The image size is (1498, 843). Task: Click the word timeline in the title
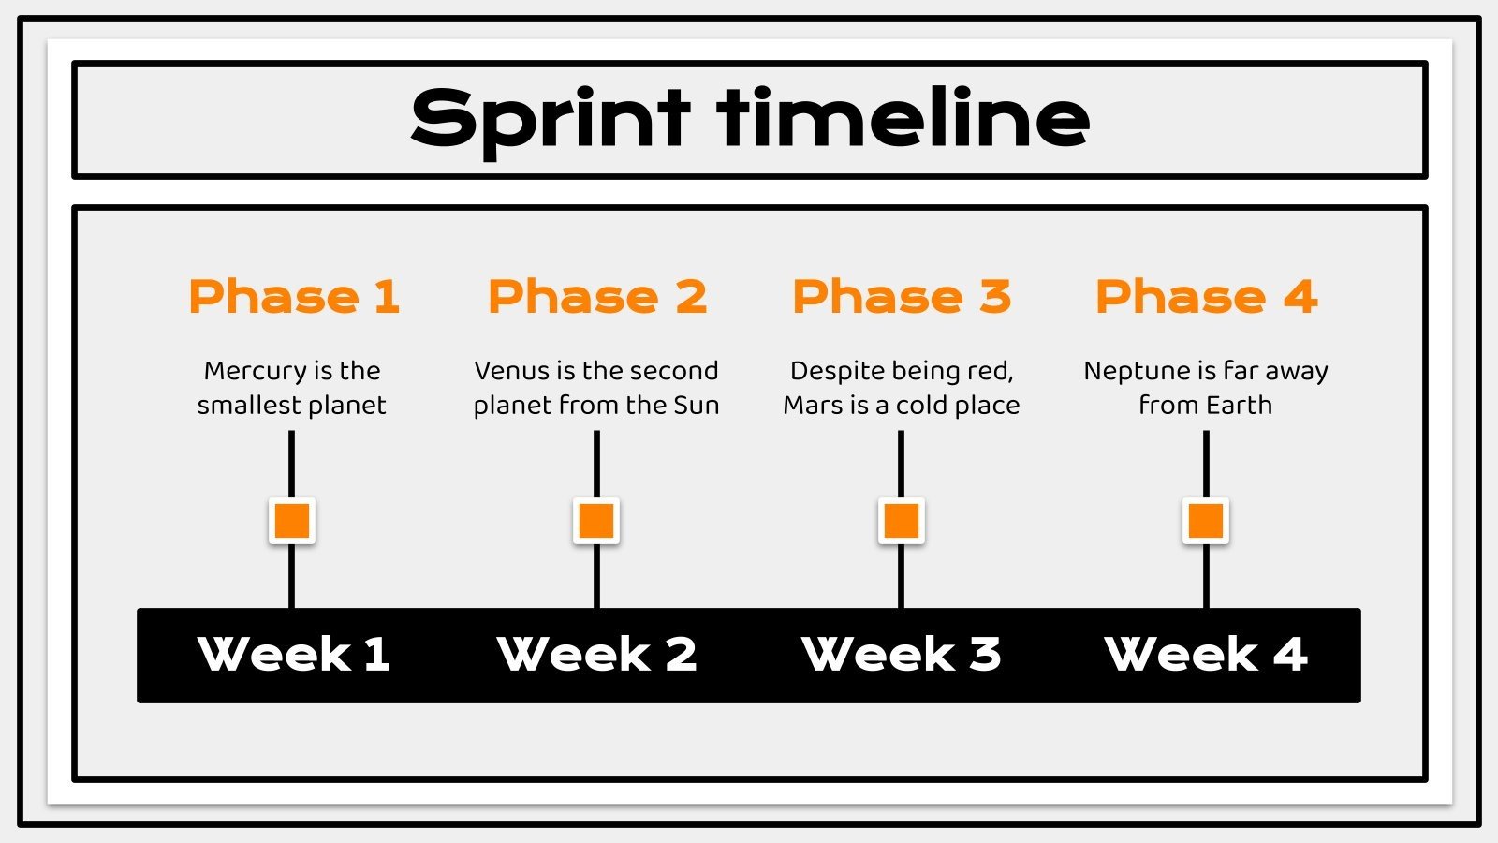pos(903,118)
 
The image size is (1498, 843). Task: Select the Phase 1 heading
pos(294,297)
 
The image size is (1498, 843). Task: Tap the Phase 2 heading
pos(597,297)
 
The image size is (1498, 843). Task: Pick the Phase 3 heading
pos(902,297)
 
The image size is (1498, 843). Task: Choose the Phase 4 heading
pos(1206,297)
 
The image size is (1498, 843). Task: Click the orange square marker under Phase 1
pos(292,521)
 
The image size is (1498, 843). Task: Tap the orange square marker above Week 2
pos(596,521)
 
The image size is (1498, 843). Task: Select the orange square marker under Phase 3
pos(902,521)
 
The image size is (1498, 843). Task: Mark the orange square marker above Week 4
pos(1206,521)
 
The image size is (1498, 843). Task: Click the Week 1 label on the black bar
pos(293,654)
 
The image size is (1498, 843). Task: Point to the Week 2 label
pos(597,654)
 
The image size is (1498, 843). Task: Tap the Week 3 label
pos(902,654)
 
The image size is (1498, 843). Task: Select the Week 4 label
pos(1206,654)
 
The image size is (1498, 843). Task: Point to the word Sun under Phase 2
pos(697,406)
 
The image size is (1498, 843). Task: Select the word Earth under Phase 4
pos(1237,406)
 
